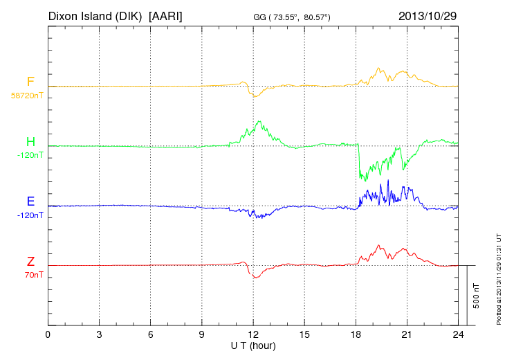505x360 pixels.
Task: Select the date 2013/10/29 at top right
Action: pos(428,16)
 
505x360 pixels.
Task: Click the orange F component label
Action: pos(30,82)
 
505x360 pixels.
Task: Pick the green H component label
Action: pos(30,142)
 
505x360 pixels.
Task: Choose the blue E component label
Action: pos(30,201)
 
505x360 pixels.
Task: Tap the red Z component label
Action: pos(30,261)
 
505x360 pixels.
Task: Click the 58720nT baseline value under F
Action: pos(26,96)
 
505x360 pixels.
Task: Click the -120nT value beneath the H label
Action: pos(30,155)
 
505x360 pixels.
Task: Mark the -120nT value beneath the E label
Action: pos(30,215)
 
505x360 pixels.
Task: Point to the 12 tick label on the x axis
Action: pos(253,335)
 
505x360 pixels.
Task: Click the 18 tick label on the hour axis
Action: pos(356,335)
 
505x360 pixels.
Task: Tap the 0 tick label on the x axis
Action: pos(48,335)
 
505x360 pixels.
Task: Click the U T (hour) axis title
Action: pos(253,345)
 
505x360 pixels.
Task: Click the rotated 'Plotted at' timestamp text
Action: pos(498,277)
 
